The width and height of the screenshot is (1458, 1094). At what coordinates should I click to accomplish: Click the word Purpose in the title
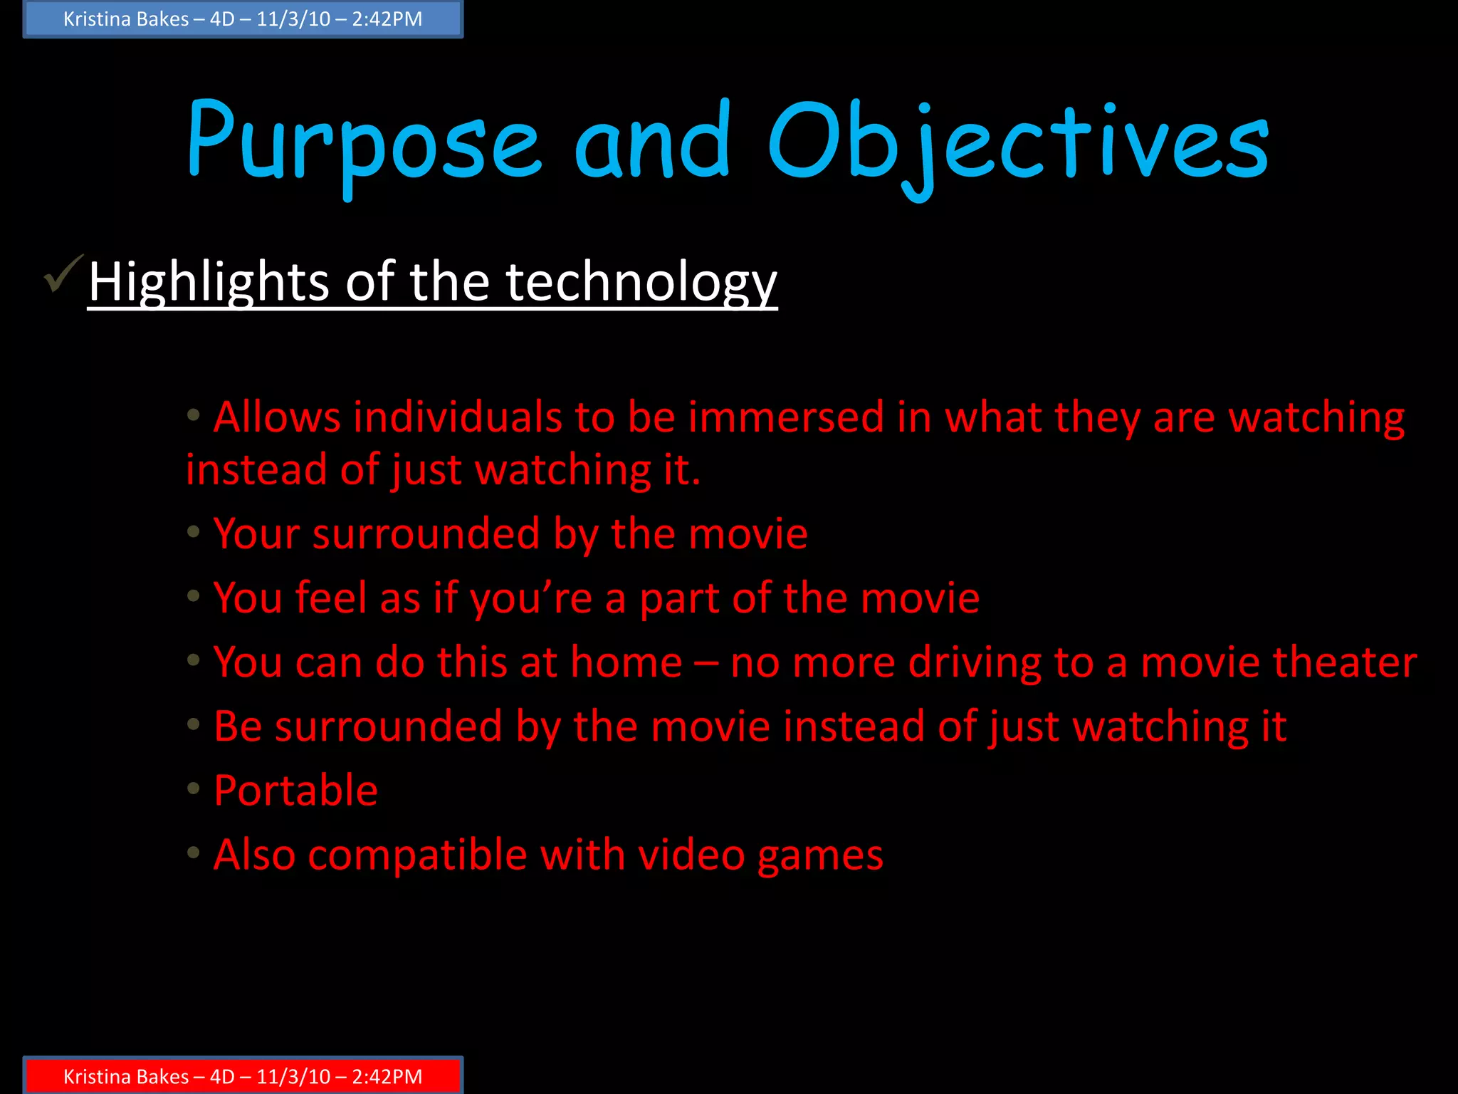363,142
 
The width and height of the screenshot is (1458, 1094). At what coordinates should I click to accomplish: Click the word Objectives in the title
1018,142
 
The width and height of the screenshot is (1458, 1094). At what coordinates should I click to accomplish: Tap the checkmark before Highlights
64,274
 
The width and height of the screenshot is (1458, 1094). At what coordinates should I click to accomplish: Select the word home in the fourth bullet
626,662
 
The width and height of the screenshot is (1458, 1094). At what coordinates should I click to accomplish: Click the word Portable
295,791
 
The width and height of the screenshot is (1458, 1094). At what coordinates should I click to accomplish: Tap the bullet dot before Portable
193,787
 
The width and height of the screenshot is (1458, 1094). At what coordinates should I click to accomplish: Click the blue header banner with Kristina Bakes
243,19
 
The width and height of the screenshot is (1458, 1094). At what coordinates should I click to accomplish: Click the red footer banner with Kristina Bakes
243,1075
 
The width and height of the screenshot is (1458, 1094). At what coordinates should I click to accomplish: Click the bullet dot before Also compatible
193,851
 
